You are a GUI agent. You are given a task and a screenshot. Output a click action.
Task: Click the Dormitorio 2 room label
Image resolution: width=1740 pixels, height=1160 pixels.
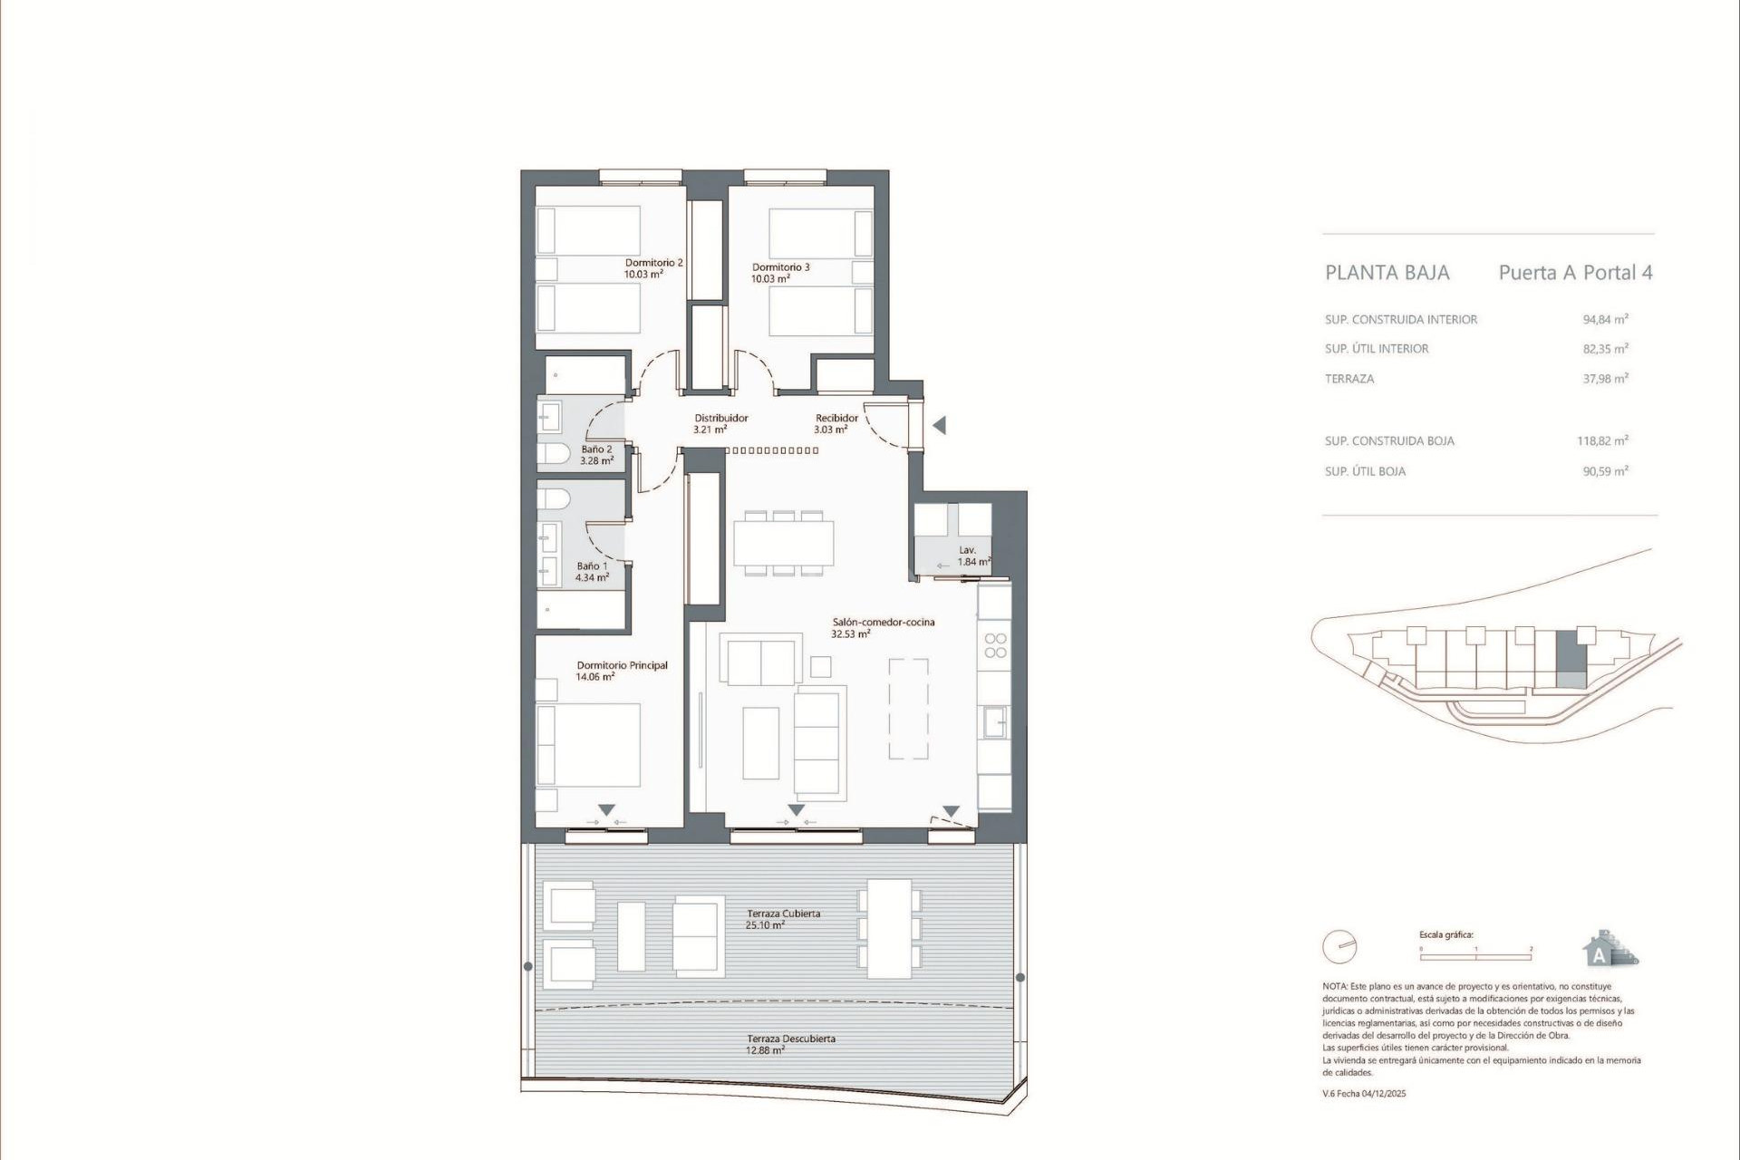[x=653, y=263]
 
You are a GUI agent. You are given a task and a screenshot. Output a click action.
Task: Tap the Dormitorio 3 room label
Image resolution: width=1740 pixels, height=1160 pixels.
[x=780, y=267]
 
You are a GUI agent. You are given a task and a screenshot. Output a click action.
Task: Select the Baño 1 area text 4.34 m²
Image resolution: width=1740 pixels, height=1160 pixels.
[x=592, y=577]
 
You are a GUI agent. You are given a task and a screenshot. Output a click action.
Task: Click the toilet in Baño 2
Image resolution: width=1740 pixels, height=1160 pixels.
[x=553, y=453]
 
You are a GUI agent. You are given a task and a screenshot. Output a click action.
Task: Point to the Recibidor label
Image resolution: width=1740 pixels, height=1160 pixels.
[x=836, y=418]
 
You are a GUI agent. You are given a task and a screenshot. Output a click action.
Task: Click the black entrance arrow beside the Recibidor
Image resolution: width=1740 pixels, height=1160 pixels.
[x=940, y=425]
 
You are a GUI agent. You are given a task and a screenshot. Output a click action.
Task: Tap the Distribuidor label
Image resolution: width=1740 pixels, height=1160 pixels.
[x=721, y=418]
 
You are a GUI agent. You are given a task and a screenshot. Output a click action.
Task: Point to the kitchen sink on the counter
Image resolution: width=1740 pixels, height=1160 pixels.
[x=994, y=722]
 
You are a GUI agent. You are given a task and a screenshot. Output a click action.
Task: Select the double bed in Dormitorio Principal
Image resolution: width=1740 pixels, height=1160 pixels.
[x=589, y=745]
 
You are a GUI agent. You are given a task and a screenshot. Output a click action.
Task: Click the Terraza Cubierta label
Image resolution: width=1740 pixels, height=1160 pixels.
[x=783, y=913]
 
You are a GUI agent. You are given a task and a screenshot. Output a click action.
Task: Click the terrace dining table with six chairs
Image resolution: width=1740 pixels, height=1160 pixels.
[x=889, y=929]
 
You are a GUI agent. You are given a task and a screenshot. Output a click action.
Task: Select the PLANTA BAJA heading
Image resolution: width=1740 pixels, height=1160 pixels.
[x=1387, y=273]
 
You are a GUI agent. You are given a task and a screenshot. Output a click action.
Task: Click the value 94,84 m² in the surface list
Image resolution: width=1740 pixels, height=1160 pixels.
[x=1605, y=319]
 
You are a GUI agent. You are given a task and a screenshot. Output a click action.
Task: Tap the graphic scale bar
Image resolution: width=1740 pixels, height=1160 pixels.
[x=1475, y=956]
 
